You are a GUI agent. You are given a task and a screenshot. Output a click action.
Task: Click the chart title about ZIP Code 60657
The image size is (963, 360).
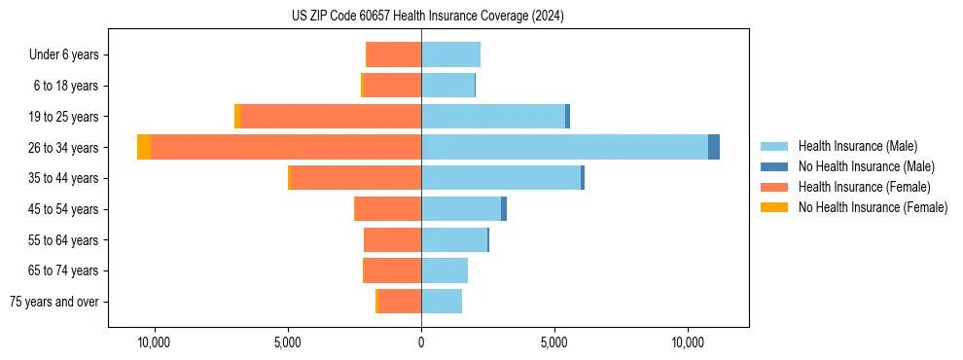tap(427, 17)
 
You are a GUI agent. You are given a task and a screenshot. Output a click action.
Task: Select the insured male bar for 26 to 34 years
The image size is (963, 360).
tap(564, 147)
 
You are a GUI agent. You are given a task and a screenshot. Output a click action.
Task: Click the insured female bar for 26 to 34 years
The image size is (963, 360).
tap(286, 147)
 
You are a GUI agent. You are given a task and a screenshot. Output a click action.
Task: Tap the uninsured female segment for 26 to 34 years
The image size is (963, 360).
tap(144, 147)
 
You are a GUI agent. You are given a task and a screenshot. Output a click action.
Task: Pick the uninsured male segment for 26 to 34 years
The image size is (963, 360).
tap(714, 147)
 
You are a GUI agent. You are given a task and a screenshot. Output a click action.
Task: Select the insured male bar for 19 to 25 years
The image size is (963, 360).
tap(493, 117)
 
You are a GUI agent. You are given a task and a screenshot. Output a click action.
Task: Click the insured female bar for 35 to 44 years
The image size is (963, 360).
tap(356, 178)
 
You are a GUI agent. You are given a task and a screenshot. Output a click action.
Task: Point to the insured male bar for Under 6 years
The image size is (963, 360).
tap(450, 54)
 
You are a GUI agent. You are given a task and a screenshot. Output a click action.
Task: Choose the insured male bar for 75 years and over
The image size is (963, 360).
tap(442, 302)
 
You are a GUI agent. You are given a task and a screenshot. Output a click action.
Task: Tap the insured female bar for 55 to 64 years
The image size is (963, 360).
tap(392, 239)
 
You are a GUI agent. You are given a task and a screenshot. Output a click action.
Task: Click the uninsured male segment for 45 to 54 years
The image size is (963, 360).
tap(504, 209)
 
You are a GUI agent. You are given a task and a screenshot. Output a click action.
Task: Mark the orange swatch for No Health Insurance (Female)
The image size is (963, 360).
tap(774, 207)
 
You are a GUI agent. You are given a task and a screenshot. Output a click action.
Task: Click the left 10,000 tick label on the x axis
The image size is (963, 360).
tap(154, 342)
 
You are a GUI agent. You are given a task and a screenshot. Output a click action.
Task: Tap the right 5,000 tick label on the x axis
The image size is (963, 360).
tap(554, 342)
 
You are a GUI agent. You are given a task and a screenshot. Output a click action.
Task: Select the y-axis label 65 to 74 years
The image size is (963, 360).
tap(63, 270)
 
